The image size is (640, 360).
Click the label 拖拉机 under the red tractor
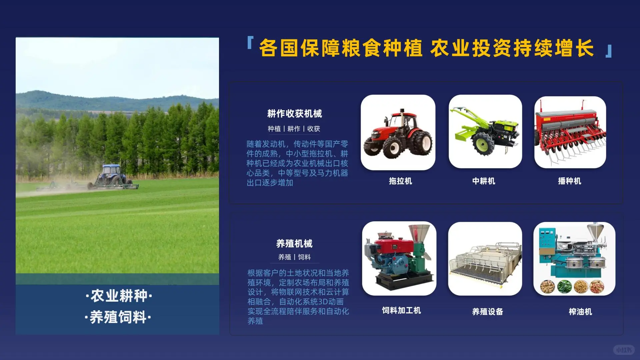pos(400,181)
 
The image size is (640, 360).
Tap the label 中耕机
pos(484,181)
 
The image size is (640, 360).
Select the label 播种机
pos(569,181)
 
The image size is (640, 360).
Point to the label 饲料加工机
pos(401,310)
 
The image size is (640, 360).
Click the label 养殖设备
pos(487,312)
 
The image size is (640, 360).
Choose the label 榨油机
pos(580,312)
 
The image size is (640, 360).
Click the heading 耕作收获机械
pos(294,114)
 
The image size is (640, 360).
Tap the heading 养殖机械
pos(294,244)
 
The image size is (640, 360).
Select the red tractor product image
pos(398,132)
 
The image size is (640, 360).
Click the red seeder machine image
pos(570,132)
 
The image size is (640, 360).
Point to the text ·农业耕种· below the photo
pos(119,296)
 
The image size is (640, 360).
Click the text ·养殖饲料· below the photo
pos(118,317)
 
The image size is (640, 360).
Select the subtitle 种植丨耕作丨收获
pos(294,129)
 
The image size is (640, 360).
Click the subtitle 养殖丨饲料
pos(294,257)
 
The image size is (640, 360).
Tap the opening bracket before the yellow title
pos(250,43)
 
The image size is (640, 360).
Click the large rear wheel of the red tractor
pos(421,143)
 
